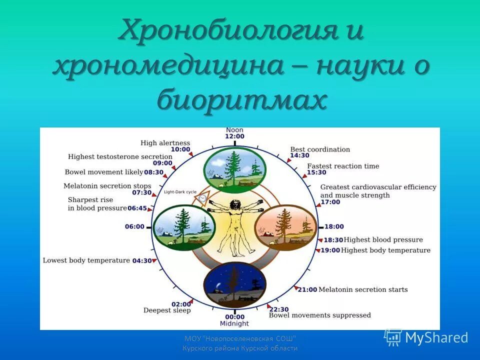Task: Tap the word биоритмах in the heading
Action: tap(241, 100)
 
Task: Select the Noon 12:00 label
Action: tap(234, 133)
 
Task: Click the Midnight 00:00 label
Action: tap(234, 319)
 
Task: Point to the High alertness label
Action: tap(165, 143)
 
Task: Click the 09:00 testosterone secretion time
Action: tap(162, 163)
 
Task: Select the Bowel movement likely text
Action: tap(103, 172)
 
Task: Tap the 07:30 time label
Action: tap(141, 192)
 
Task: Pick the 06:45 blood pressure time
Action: tap(137, 208)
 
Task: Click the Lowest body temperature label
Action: tap(86, 260)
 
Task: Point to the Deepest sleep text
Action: tap(167, 310)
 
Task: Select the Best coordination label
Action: tap(320, 149)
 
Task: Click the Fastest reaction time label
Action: tap(343, 166)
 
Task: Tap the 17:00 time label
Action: tap(330, 202)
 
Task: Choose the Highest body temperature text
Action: tap(386, 250)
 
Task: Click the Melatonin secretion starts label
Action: tap(363, 289)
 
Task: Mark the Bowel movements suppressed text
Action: tap(320, 315)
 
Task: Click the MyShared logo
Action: tap(426, 337)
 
